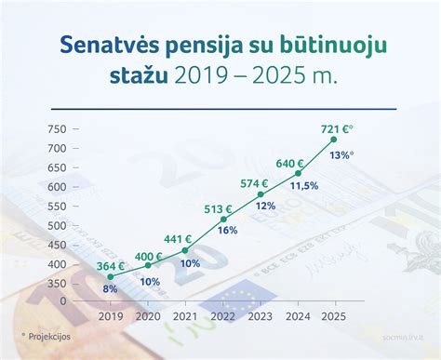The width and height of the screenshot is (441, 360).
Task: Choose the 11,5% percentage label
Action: click(x=303, y=186)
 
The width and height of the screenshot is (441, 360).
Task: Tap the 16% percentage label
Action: click(x=228, y=231)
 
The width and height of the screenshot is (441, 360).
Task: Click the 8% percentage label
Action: click(x=110, y=288)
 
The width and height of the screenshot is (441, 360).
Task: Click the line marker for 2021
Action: click(x=185, y=250)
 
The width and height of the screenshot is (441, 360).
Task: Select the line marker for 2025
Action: click(x=334, y=140)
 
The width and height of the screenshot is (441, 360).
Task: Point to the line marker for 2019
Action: click(x=111, y=276)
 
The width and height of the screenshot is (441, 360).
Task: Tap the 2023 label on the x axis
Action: click(x=261, y=315)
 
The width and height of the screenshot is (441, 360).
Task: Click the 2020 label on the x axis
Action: click(x=148, y=315)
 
